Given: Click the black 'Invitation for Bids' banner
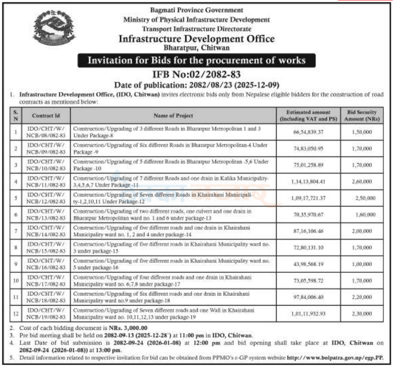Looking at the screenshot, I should pos(197,61).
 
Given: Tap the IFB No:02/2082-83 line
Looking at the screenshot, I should pos(197,74).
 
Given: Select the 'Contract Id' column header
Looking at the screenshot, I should pos(46,116).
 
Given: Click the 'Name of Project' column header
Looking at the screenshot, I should pos(173,116).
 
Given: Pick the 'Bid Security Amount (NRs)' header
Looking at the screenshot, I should pos(361,116).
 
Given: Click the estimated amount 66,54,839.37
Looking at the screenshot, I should pos(308,132).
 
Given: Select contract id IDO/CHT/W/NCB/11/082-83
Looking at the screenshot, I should pos(46,181).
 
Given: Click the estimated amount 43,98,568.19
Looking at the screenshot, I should pos(308,264).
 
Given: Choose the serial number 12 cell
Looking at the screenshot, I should pos(16,313).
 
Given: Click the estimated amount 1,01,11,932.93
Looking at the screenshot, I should pos(308,313).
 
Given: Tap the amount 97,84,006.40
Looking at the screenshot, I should pos(308,297).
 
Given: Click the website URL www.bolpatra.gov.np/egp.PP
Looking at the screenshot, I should pos(334,358).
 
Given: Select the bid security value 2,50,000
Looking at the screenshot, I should pos(365,198).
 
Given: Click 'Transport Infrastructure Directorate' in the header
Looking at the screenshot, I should pos(197,29).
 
